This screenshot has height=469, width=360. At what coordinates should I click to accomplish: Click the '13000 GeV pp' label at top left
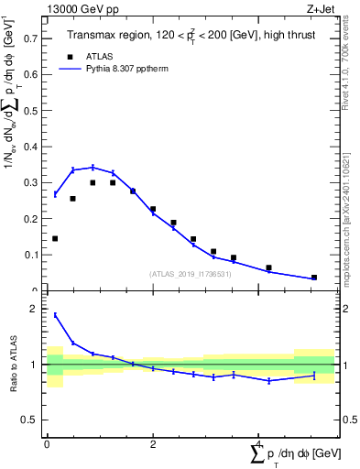(x=78, y=8)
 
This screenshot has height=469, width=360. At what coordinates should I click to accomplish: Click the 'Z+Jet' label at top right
(x=320, y=8)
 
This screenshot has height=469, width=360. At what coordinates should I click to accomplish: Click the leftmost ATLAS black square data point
(x=55, y=239)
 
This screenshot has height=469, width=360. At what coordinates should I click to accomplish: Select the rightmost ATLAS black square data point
(x=314, y=278)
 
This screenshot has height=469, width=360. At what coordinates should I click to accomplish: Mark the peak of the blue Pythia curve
(x=93, y=167)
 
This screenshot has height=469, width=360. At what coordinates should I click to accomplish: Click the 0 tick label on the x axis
(x=47, y=444)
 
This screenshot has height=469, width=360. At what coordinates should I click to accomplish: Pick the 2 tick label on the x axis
(x=152, y=444)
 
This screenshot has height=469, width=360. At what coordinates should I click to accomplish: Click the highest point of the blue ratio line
(x=55, y=315)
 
